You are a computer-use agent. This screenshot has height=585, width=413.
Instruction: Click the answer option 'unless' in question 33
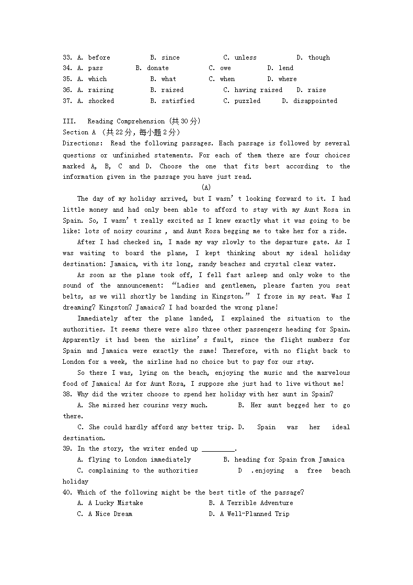pyautogui.click(x=245, y=58)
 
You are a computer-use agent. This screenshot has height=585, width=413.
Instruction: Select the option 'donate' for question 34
pyautogui.click(x=157, y=68)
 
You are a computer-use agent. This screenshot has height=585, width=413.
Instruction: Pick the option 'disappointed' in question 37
pyautogui.click(x=315, y=101)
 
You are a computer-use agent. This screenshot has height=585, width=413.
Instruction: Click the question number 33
pyautogui.click(x=67, y=58)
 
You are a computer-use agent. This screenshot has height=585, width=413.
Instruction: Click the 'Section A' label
pyautogui.click(x=75, y=132)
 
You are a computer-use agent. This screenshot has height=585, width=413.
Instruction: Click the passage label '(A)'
pyautogui.click(x=206, y=187)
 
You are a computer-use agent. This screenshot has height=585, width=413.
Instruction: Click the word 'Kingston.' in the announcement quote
pyautogui.click(x=227, y=296)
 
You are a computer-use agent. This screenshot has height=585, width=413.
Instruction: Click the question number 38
pyautogui.click(x=67, y=394)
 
